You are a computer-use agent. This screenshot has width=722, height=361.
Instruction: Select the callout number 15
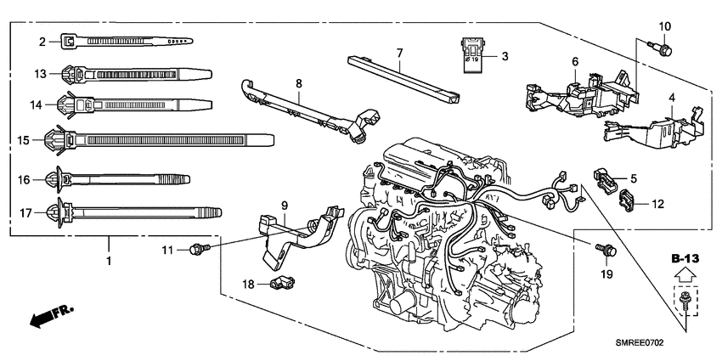tap(24, 139)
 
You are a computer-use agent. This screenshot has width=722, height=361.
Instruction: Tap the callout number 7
tap(399, 53)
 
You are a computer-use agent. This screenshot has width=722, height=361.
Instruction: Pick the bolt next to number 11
tap(200, 248)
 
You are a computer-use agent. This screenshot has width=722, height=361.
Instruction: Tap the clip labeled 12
tap(626, 201)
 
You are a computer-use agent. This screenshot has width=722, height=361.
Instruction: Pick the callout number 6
tap(574, 62)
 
